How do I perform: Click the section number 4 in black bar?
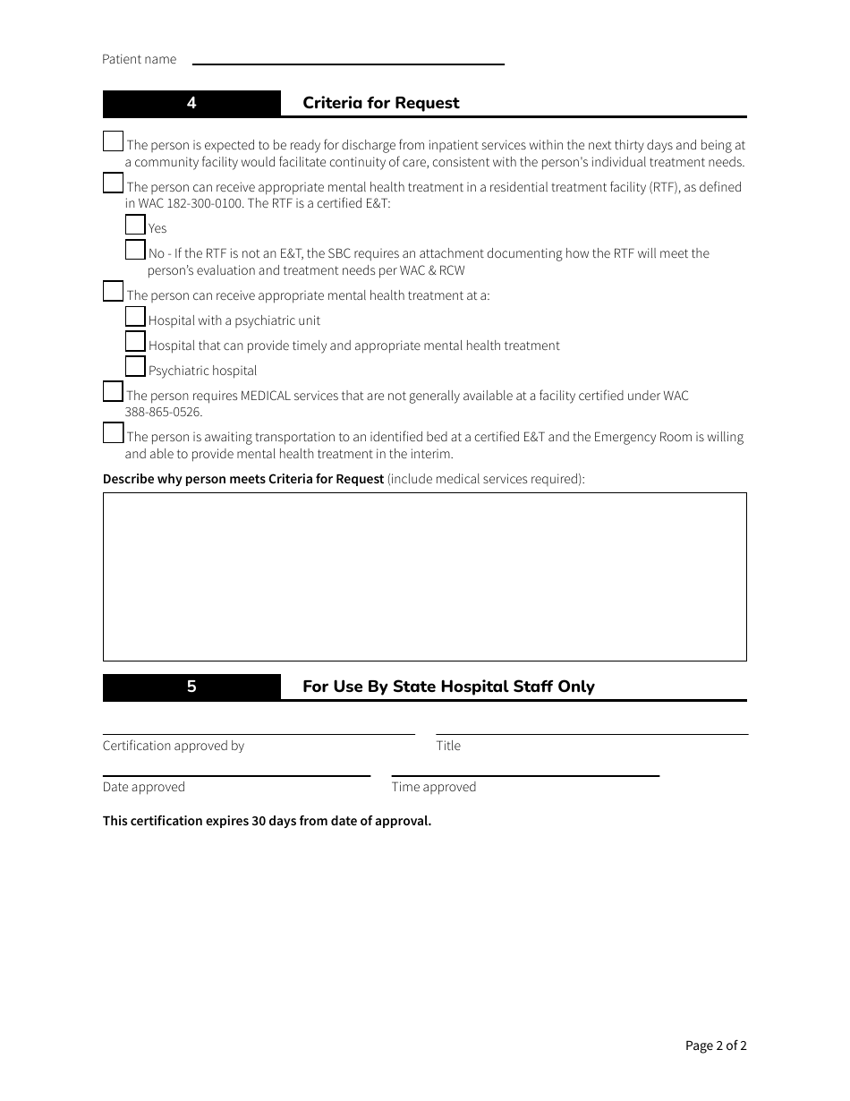tap(191, 103)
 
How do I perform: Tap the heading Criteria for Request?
tap(380, 103)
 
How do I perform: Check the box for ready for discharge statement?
tap(113, 141)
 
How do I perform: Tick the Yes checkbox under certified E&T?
tap(135, 225)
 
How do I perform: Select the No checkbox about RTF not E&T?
tap(135, 250)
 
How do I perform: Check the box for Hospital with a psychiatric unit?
tap(135, 317)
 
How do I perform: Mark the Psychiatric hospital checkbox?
tap(135, 367)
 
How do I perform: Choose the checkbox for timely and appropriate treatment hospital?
tap(135, 342)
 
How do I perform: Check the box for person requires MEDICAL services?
tap(113, 392)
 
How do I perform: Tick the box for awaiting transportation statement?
tap(113, 433)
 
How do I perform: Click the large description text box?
tap(424, 576)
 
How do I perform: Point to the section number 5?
tap(191, 687)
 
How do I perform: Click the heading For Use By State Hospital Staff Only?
tap(448, 687)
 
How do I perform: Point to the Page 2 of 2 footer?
tap(716, 1046)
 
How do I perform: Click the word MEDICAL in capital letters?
tap(266, 396)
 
